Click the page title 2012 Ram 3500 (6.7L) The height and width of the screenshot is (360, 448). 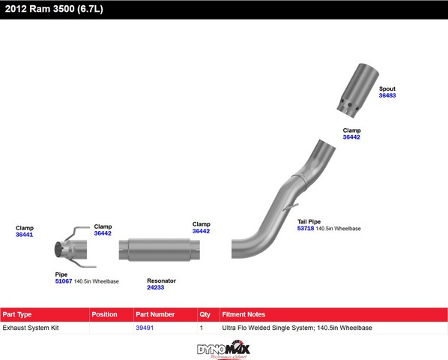54,9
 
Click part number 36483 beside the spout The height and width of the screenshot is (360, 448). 387,95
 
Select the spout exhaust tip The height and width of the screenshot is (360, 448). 357,90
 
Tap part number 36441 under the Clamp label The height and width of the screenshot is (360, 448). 24,235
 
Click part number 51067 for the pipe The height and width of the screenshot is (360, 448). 64,281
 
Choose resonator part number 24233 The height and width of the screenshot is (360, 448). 155,287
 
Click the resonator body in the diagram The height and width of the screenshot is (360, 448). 160,250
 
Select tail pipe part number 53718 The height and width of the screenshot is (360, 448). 306,229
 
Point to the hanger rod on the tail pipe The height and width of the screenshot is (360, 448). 291,207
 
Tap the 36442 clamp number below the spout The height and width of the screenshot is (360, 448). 351,137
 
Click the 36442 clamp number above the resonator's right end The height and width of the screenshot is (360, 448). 201,231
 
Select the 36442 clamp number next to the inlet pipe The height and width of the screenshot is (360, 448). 103,233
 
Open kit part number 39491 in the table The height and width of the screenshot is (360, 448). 145,328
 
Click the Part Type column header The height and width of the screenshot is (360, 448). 17,314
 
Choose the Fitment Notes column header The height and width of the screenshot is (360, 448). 243,314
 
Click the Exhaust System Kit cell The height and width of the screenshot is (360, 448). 31,328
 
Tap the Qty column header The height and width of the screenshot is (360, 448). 205,314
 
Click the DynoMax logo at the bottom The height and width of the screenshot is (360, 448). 223,349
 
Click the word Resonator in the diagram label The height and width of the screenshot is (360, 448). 161,280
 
